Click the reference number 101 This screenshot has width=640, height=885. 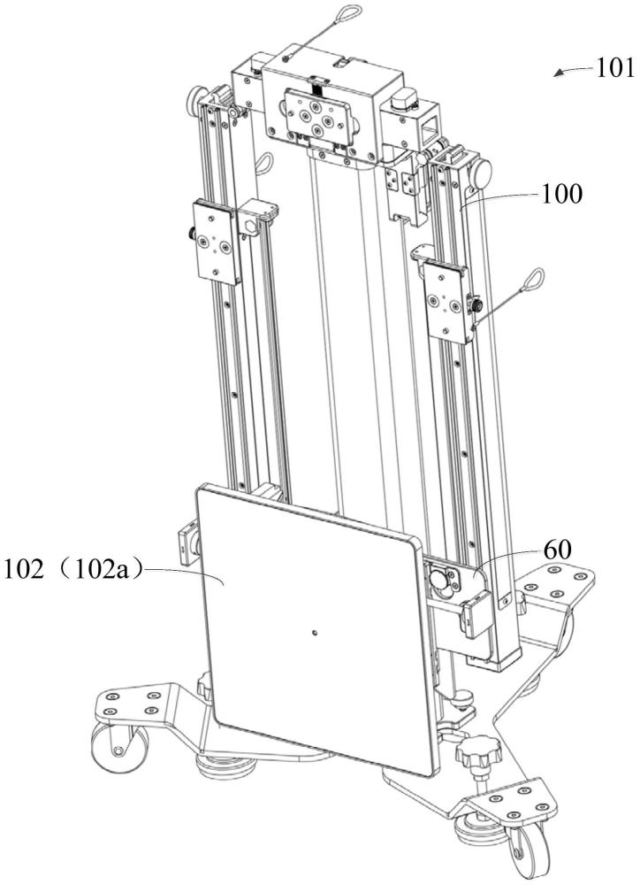tap(615, 69)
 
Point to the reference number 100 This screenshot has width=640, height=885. tap(561, 194)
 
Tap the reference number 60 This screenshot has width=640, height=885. tap(558, 550)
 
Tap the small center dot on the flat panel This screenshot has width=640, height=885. tap(315, 633)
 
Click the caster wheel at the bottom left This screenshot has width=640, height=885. tap(120, 746)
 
